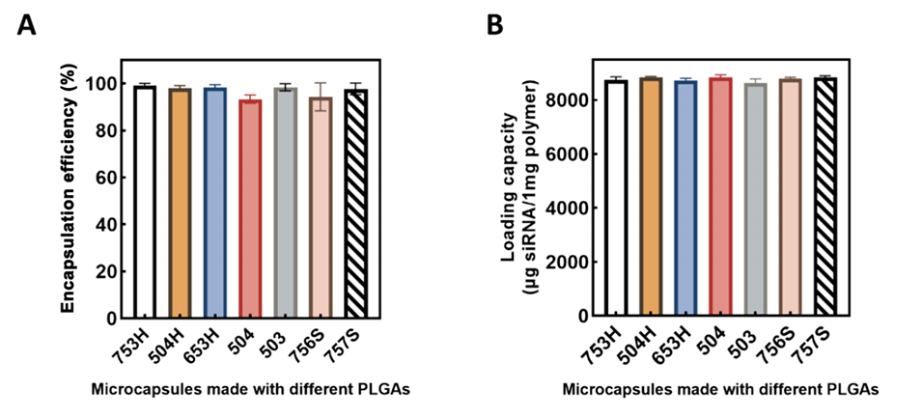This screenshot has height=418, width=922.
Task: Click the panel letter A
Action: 27,25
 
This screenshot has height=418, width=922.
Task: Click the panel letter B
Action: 494,25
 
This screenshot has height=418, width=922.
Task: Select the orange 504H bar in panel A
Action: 180,203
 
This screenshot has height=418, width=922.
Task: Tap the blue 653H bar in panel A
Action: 213,203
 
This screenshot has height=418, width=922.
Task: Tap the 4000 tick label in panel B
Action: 572,208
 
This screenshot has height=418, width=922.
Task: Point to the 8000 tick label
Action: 572,99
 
